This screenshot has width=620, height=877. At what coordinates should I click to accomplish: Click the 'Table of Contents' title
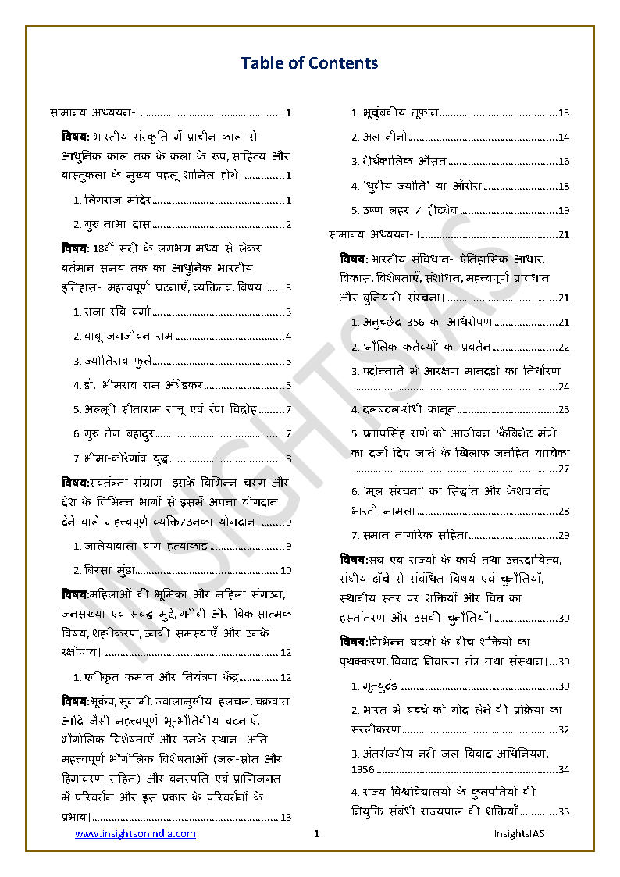click(309, 63)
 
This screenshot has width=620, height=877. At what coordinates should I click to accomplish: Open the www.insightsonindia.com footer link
click(135, 834)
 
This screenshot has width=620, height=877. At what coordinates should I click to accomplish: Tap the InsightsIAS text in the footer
click(518, 834)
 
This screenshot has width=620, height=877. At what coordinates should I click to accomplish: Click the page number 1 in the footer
click(316, 834)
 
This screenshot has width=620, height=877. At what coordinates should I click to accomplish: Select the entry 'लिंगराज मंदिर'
click(117, 201)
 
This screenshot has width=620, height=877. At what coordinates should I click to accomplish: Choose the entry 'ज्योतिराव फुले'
click(117, 361)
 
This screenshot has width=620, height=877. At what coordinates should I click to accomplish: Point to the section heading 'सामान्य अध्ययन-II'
click(374, 234)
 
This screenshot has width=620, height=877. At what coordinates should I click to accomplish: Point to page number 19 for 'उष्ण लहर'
click(564, 210)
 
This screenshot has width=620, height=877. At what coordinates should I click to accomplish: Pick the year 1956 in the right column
click(363, 770)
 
